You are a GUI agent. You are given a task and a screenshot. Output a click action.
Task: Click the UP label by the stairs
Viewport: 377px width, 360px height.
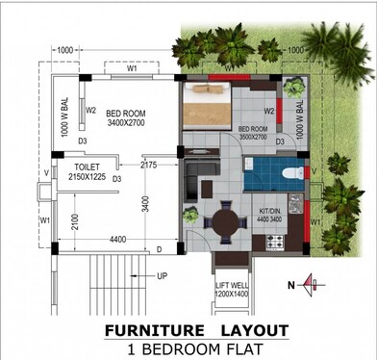[x=162, y=275]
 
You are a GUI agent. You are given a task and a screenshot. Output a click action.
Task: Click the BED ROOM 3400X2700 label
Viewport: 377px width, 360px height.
[x=126, y=117]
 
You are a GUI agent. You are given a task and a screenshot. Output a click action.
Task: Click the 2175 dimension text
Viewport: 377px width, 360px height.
[x=147, y=167]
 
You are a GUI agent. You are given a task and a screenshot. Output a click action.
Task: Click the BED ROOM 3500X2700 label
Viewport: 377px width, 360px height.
[x=253, y=134]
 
